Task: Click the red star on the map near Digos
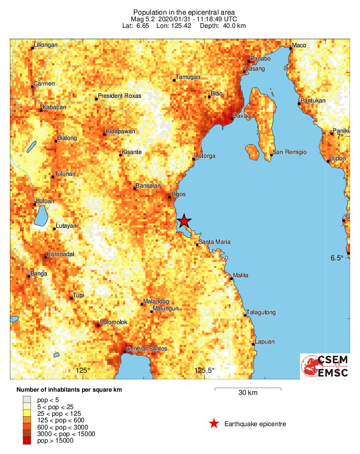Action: point(184,221)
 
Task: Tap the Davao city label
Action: point(242,115)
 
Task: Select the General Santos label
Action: point(146,349)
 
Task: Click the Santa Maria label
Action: point(215,242)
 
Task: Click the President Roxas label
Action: point(120,96)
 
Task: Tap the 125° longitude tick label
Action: point(83,370)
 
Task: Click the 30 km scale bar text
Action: point(248,393)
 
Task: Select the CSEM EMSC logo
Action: point(325,367)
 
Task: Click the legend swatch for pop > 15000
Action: point(28,441)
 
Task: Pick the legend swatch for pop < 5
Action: point(28,400)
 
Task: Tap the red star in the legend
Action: point(214,424)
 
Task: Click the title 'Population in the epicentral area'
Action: point(184,12)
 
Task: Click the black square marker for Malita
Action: point(231,279)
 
